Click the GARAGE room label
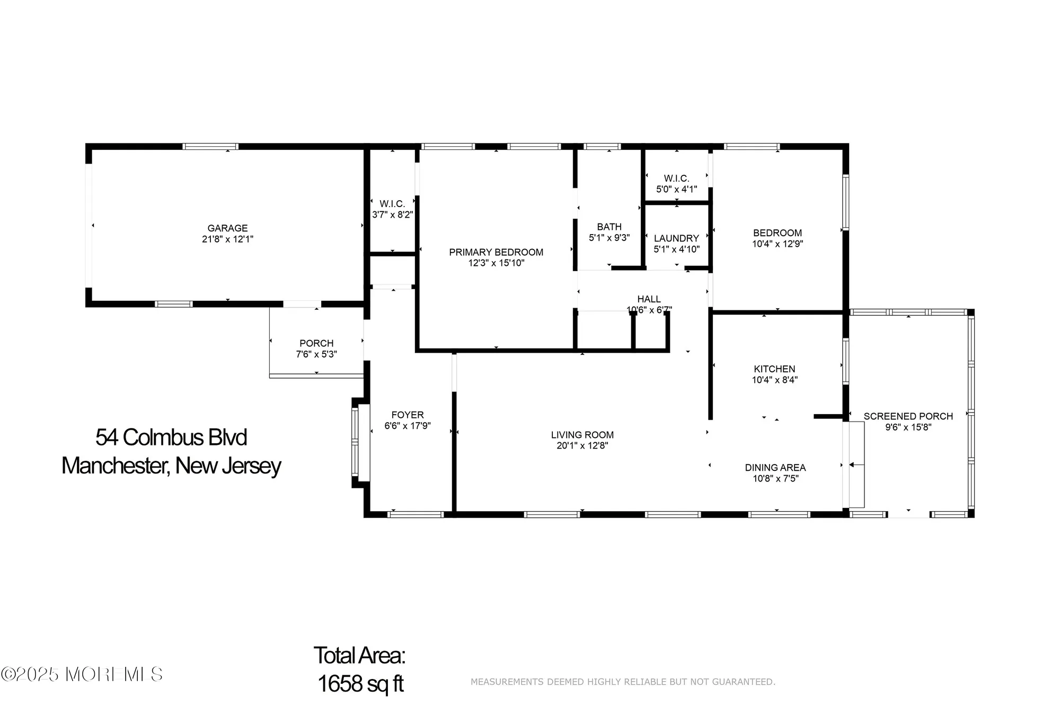[227, 228]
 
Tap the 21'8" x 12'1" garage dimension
[227, 239]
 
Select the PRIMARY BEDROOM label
[496, 252]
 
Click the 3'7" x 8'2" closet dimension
[392, 215]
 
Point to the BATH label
[609, 227]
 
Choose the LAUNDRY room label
[676, 238]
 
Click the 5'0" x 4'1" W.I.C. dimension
[676, 189]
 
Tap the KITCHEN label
[774, 369]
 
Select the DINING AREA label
[775, 468]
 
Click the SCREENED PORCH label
[908, 416]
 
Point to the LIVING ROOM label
[582, 435]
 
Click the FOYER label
[407, 415]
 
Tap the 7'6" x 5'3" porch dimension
[316, 354]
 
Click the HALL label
[649, 299]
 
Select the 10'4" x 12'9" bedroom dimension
[777, 244]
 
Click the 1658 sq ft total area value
[360, 684]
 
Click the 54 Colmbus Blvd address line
[171, 437]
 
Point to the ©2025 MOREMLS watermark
[82, 674]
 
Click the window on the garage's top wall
[210, 146]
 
